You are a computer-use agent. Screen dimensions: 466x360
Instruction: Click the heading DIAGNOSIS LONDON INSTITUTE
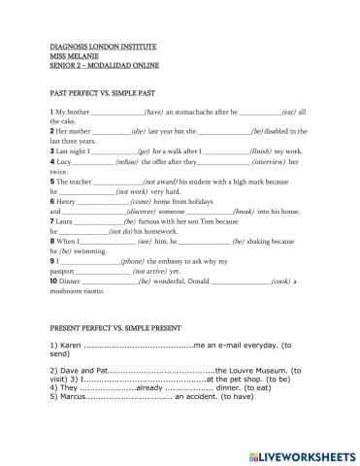point(96,46)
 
